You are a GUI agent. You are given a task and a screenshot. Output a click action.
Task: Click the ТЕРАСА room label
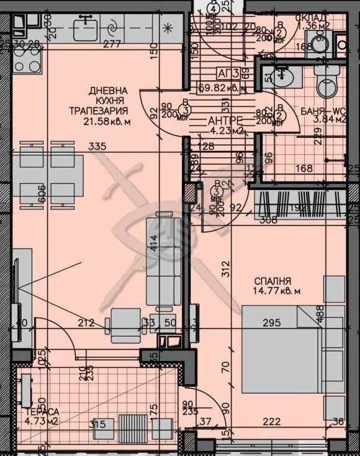42,411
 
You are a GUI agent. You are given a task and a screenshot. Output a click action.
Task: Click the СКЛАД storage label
312,17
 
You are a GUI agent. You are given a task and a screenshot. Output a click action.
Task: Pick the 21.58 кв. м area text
107,122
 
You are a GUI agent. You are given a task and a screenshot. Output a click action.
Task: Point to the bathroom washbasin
284,77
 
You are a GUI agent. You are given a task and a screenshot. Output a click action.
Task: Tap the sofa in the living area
163,261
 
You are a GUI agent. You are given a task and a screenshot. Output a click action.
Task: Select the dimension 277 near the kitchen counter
112,44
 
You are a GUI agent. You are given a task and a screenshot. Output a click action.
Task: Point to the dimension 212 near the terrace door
86,322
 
